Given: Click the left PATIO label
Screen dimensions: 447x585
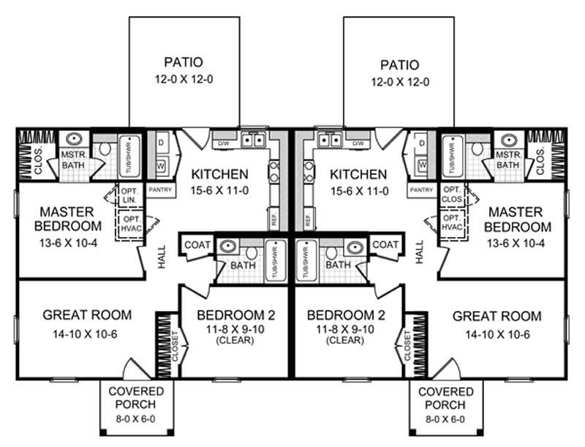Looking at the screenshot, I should (184, 62).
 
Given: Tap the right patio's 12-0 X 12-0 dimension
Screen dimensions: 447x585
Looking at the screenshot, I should (398, 82).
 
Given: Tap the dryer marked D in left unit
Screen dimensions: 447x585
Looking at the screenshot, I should (161, 142).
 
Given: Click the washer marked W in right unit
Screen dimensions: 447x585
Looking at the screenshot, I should (422, 165).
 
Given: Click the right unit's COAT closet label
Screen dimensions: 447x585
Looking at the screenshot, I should (385, 244).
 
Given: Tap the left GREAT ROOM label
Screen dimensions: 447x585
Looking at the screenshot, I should (87, 315).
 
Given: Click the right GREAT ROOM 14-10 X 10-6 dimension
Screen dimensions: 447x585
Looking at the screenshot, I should (497, 335).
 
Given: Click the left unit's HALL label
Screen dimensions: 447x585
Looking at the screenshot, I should (162, 257).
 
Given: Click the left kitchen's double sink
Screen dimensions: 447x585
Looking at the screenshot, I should (253, 140).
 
